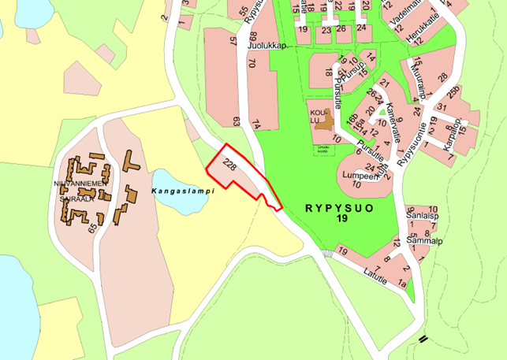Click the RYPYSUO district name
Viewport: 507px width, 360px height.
340,206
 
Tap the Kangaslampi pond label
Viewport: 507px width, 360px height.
181,191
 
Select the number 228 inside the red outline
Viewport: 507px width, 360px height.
229,166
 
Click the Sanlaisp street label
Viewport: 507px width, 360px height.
423,214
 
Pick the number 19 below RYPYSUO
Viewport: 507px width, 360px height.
341,217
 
